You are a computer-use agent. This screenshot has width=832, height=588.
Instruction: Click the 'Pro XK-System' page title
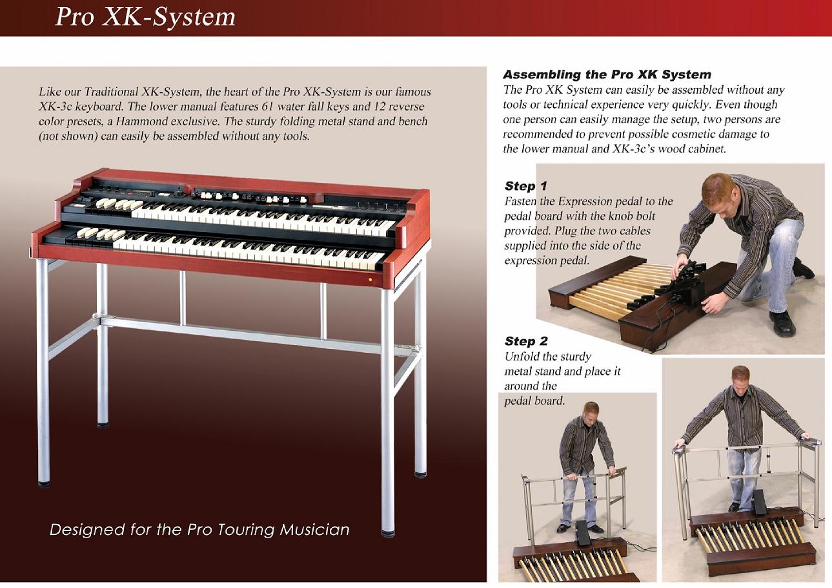(145, 17)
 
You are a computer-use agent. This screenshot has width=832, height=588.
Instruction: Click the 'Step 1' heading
(526, 185)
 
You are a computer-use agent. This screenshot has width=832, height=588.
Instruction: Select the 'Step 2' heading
(526, 341)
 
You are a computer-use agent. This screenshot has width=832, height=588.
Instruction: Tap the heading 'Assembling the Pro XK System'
(607, 74)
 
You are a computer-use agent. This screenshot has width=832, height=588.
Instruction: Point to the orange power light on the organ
(370, 279)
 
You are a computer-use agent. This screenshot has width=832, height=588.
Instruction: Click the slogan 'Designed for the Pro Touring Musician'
(199, 530)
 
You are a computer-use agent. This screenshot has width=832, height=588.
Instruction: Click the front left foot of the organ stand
(44, 483)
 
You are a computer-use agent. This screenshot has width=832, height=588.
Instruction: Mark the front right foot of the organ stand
(388, 533)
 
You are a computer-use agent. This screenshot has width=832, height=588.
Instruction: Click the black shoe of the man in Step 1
(782, 324)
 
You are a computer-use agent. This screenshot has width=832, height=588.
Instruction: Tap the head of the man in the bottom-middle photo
(591, 412)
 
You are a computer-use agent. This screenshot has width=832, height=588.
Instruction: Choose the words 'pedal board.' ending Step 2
(534, 401)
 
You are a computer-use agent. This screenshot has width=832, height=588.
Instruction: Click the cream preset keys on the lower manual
(101, 234)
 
